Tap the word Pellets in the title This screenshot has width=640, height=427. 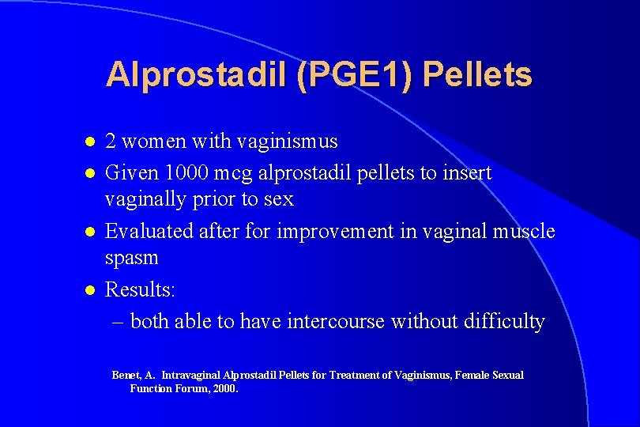pos(478,75)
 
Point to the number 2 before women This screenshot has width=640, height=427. pos(111,142)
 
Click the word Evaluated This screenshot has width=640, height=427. pos(147,232)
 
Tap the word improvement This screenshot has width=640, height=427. pos(326,232)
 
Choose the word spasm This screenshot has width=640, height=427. pos(132,259)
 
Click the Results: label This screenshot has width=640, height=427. pos(140,290)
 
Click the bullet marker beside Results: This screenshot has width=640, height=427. pos(90,291)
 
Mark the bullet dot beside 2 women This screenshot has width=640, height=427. pos(90,142)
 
